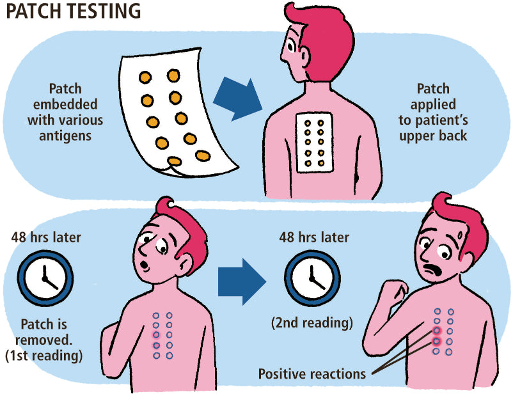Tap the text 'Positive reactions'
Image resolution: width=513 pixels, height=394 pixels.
click(x=311, y=374)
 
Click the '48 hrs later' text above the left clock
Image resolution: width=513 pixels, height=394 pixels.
click(x=47, y=238)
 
